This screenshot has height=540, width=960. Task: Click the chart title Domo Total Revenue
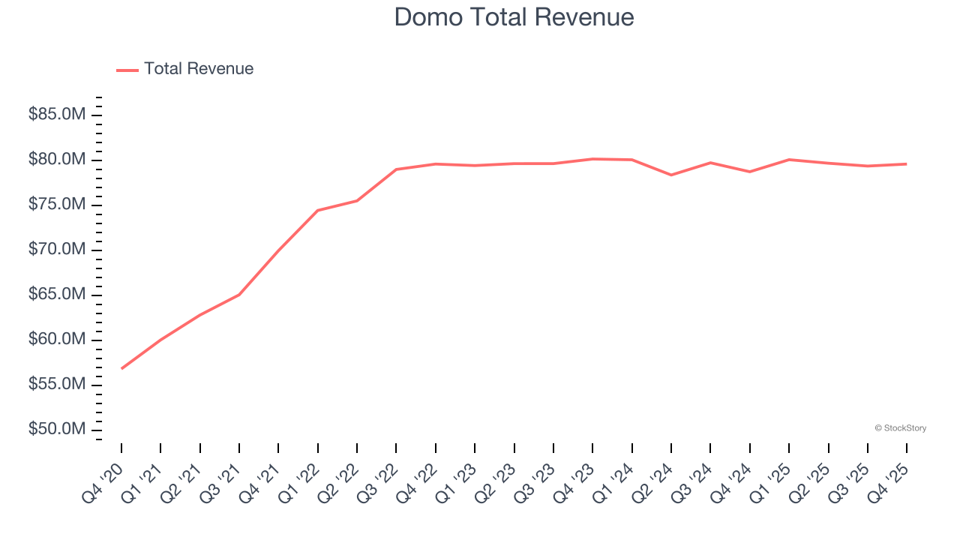(514, 17)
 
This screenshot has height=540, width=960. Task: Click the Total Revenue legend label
(199, 69)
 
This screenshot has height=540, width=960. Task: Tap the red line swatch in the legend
(127, 70)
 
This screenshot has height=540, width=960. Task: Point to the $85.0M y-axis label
(56, 115)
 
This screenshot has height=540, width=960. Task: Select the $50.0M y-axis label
(56, 430)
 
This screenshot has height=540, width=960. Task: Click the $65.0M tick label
(56, 295)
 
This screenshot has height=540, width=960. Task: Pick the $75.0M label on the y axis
(56, 205)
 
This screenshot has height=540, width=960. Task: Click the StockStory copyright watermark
(900, 428)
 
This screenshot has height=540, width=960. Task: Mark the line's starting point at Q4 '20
(121, 368)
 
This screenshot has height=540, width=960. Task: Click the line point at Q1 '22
(318, 210)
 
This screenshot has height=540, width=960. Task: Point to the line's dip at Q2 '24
(671, 175)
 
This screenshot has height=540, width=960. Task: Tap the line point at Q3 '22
(396, 169)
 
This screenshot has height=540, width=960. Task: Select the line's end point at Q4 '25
(907, 163)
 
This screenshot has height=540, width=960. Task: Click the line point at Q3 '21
(239, 294)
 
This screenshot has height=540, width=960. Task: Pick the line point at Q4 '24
(750, 172)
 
